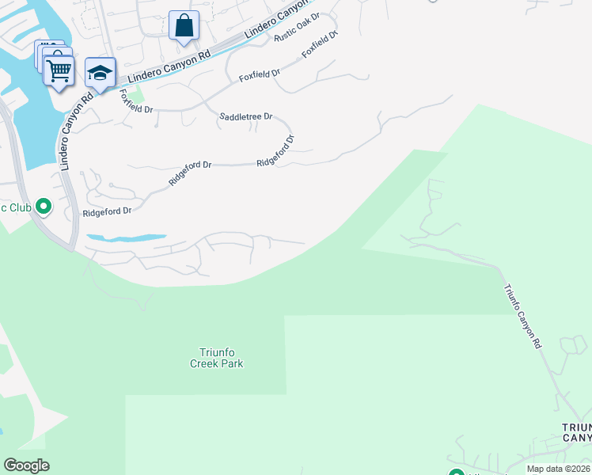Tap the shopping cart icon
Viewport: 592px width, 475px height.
click(x=59, y=70)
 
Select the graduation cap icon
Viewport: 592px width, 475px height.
click(x=100, y=73)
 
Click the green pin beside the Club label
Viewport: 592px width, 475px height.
click(x=44, y=207)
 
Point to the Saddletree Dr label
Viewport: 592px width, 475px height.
click(x=245, y=116)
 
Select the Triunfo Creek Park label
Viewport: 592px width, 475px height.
click(x=216, y=358)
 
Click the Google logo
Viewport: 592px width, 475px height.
click(x=26, y=465)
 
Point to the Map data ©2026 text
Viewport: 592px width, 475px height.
click(x=558, y=469)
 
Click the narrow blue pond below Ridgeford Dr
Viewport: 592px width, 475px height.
click(x=127, y=237)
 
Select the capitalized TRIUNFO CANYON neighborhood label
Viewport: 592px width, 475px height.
click(x=575, y=432)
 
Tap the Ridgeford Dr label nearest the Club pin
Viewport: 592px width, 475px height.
click(x=107, y=211)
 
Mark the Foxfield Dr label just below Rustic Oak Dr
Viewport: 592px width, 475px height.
click(x=320, y=47)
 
